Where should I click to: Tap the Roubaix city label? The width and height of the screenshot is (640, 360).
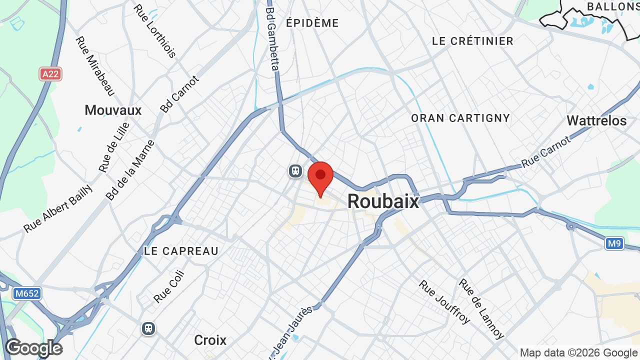383,201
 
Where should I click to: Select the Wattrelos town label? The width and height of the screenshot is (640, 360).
596,120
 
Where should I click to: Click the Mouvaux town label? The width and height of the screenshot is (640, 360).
113,110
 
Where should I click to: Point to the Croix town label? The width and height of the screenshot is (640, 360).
210,340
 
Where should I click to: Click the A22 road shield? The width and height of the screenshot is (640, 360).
50,74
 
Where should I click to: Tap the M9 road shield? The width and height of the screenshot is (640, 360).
614,243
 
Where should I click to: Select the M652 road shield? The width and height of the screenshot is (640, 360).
26,293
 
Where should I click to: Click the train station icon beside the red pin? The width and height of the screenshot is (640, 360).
295,171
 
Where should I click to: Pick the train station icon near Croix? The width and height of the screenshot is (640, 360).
148,328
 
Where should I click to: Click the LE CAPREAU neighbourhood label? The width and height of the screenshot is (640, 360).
181,251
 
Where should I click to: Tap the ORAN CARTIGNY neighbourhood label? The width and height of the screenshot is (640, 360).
460,118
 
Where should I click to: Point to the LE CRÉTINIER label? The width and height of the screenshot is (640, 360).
472,41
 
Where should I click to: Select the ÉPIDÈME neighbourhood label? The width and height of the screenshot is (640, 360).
312,23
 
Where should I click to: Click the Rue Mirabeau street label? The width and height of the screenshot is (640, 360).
95,65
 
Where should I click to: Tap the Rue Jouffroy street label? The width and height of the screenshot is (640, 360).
444,301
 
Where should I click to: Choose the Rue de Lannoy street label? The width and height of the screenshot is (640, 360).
481,308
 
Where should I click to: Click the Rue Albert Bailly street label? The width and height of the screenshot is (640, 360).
58,208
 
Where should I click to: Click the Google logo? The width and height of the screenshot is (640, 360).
34,348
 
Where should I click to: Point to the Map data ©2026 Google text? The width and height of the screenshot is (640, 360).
578,353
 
